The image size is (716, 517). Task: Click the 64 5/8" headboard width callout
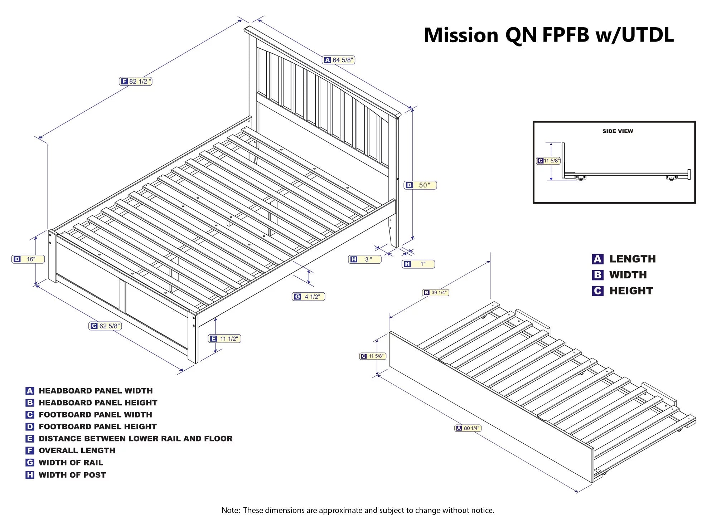click(x=339, y=60)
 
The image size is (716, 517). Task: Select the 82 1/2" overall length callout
click(x=136, y=82)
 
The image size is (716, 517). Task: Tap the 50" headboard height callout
click(x=420, y=185)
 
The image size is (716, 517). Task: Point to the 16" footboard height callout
click(x=28, y=259)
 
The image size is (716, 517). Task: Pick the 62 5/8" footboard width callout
click(x=105, y=326)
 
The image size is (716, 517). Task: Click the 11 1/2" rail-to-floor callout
click(x=224, y=338)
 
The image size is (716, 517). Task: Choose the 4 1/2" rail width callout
click(x=308, y=297)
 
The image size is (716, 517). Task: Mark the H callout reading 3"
click(x=364, y=259)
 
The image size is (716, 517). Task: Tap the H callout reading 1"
click(x=418, y=264)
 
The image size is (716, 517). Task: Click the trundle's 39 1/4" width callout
click(x=435, y=293)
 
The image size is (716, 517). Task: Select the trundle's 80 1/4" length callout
click(x=468, y=428)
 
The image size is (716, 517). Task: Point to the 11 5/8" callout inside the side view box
click(x=548, y=161)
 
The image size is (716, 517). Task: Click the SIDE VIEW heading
click(x=618, y=131)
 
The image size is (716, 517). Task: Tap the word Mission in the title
click(x=461, y=35)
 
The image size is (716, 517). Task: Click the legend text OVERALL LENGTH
click(x=77, y=450)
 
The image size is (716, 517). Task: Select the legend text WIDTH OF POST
click(x=72, y=475)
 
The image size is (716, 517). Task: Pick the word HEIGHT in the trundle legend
click(x=631, y=291)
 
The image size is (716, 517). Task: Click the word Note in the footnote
click(x=231, y=510)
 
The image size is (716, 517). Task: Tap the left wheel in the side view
click(x=581, y=178)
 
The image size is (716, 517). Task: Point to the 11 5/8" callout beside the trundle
click(x=373, y=356)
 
